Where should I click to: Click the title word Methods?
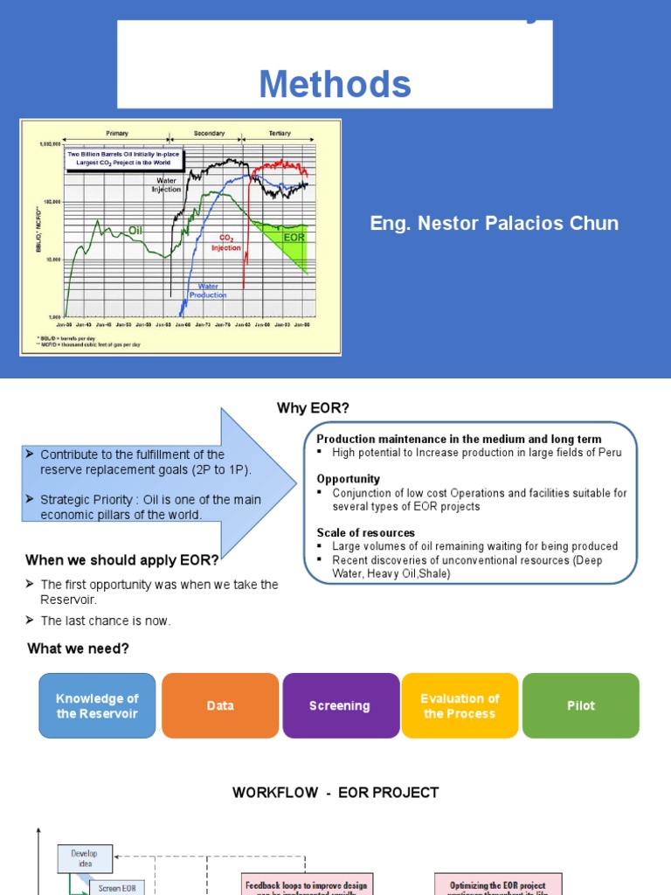pos(335,85)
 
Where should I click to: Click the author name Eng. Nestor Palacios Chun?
pos(494,224)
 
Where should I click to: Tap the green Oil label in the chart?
pos(135,230)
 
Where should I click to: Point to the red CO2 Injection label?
pos(225,242)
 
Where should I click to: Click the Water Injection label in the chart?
pos(168,185)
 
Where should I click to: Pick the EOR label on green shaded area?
pos(294,237)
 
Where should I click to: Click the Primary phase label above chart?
pos(117,134)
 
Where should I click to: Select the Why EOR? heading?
pos(313,408)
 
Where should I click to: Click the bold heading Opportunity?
pos(348,479)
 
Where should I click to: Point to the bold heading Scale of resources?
pos(365,532)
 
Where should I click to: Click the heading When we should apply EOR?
pos(122,560)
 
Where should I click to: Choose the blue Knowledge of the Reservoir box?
pos(97,706)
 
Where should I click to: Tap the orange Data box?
pos(220,706)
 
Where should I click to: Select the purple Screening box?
pos(340,706)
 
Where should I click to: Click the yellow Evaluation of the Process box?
pos(460,706)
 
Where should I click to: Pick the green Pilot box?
pos(580,706)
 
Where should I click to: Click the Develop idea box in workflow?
pos(85,858)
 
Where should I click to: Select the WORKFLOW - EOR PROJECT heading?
pos(335,793)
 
